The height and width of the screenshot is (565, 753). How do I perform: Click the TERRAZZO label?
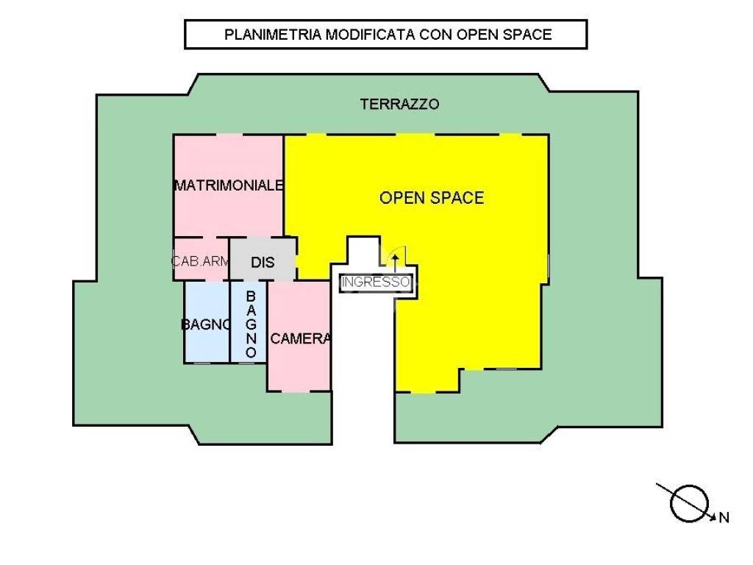[x=399, y=104]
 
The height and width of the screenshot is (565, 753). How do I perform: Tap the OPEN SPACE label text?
[x=431, y=198]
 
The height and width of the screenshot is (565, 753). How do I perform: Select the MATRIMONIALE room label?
[x=229, y=185]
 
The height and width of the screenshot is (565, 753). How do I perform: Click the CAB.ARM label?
[x=201, y=261]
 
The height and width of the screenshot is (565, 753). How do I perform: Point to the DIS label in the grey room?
[x=263, y=263]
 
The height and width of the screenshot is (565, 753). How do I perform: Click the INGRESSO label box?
[x=376, y=282]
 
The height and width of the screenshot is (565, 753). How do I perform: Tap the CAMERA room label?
[x=300, y=338]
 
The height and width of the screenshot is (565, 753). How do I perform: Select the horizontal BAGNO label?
[x=206, y=324]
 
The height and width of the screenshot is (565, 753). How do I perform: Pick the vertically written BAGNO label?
[x=251, y=324]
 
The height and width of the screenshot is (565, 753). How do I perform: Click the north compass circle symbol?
[x=690, y=503]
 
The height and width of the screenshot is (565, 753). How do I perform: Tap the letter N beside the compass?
[x=724, y=518]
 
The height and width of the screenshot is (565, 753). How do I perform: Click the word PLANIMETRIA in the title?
[x=273, y=35]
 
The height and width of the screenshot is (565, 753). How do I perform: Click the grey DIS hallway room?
[x=263, y=258]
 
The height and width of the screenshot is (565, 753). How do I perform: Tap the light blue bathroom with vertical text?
[x=249, y=321]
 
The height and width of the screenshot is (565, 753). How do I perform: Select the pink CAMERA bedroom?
[x=299, y=335]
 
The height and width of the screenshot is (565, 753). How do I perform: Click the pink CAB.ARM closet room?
[x=201, y=258]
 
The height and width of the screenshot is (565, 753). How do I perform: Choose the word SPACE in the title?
[x=527, y=35]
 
